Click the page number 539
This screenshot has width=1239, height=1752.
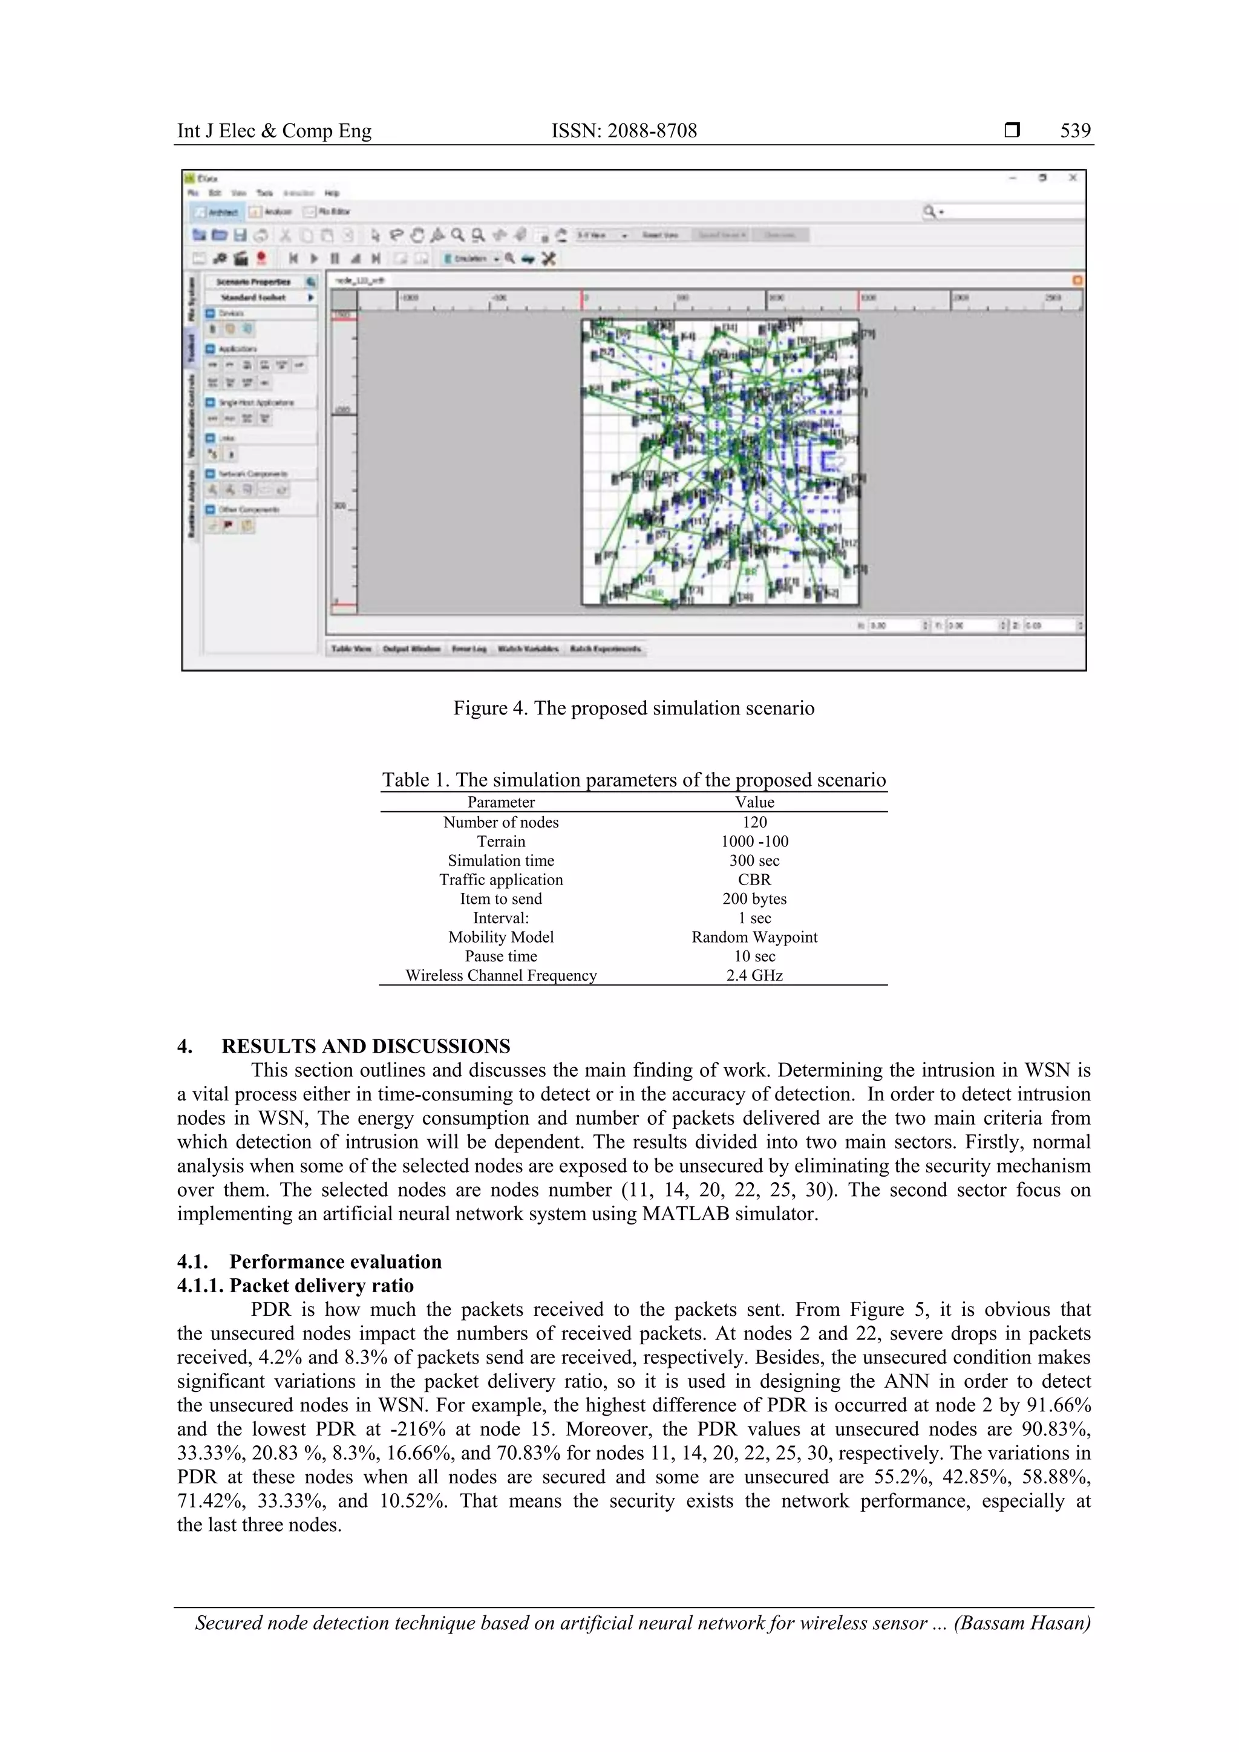(x=1075, y=131)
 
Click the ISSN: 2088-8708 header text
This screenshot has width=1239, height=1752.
(x=624, y=131)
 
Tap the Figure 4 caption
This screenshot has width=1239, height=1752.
(x=633, y=708)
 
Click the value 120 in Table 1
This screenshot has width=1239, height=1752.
(x=754, y=822)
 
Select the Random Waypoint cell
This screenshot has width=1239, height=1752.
(x=754, y=937)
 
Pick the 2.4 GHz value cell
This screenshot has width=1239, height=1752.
(x=754, y=975)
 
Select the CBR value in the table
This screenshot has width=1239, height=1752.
(x=754, y=880)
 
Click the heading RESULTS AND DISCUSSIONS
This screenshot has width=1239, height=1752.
(x=365, y=1046)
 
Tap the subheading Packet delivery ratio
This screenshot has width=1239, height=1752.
(x=321, y=1286)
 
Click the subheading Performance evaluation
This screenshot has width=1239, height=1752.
(x=335, y=1261)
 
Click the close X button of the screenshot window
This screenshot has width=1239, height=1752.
(x=1073, y=178)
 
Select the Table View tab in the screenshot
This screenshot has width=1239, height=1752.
(x=351, y=649)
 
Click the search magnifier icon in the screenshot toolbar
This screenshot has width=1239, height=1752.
(x=929, y=211)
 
